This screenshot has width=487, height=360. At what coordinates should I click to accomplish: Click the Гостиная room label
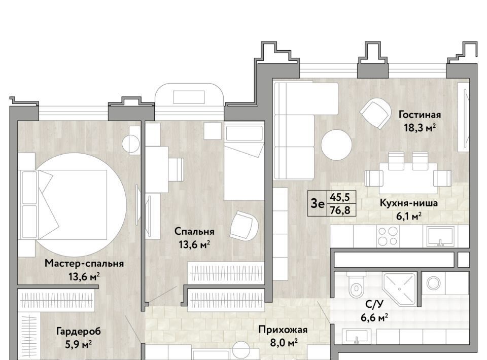[x=420, y=115]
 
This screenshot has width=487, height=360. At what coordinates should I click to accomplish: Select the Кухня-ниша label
[x=409, y=203]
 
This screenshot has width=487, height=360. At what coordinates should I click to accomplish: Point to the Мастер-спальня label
[x=84, y=264]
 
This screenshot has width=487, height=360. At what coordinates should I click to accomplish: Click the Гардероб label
[x=79, y=332]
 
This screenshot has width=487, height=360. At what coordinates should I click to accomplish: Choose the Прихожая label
[x=283, y=330]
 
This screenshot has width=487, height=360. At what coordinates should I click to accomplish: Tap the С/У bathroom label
[x=374, y=304]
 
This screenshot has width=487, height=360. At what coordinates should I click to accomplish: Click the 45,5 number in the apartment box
[x=340, y=197]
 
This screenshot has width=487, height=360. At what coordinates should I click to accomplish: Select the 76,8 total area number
[x=340, y=210]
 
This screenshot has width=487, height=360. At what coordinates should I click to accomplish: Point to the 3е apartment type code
[x=318, y=204]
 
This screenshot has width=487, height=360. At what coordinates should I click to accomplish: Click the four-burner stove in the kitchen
[x=388, y=236]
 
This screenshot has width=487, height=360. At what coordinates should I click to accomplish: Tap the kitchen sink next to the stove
[x=441, y=236]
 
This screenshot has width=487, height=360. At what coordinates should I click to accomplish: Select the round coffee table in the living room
[x=336, y=145]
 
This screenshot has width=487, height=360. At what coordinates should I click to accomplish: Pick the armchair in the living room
[x=375, y=113]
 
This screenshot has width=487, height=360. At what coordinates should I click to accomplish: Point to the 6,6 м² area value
[x=374, y=317]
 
